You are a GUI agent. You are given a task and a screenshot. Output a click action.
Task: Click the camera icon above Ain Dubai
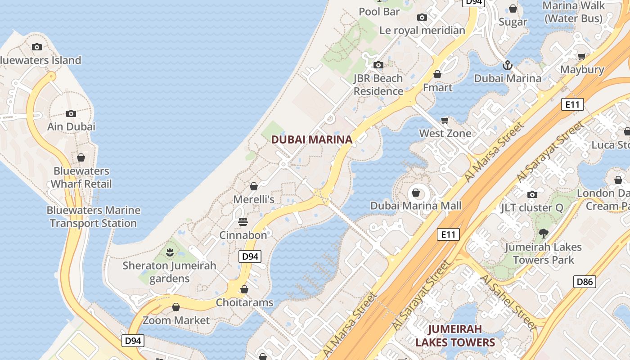(x=71, y=113)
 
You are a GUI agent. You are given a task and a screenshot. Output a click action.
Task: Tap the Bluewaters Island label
(x=40, y=60)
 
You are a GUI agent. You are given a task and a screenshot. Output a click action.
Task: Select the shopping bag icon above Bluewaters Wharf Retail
(x=81, y=157)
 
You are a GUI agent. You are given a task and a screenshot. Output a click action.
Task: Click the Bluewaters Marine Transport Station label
(x=94, y=216)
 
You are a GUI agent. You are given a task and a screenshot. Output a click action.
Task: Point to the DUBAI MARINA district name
(x=311, y=139)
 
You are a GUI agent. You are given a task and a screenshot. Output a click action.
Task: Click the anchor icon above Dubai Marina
(x=508, y=66)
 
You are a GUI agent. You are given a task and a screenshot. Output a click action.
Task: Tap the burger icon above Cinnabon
(x=243, y=222)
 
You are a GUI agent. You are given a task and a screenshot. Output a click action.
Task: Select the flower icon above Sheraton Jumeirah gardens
(x=170, y=252)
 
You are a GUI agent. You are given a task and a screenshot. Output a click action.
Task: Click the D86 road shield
(x=585, y=282)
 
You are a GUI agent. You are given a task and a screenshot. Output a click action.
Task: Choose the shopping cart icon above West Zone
(x=445, y=120)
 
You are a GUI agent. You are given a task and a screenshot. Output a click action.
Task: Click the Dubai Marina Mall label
(x=416, y=206)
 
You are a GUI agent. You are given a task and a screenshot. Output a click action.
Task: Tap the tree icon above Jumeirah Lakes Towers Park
(x=543, y=234)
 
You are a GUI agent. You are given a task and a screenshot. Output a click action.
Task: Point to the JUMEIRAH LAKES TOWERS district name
(x=455, y=336)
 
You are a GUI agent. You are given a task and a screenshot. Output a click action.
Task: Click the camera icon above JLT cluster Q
(x=532, y=194)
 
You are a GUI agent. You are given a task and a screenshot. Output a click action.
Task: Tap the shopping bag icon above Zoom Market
(x=176, y=307)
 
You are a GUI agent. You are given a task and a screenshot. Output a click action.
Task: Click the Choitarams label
(x=244, y=302)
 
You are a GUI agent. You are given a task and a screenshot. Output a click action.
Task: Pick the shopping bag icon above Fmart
(x=437, y=74)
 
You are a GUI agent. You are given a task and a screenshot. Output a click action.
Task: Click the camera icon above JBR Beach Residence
(x=378, y=65)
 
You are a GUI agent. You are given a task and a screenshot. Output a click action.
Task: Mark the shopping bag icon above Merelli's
(x=254, y=186)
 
